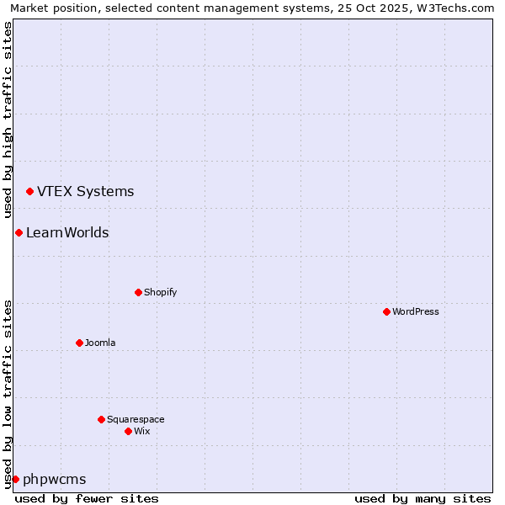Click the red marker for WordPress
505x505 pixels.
pyautogui.click(x=386, y=311)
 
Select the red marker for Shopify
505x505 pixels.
pyautogui.click(x=138, y=292)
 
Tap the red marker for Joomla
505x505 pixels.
pyautogui.click(x=79, y=343)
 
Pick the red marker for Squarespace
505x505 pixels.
pyautogui.click(x=101, y=419)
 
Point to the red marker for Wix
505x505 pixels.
pyautogui.click(x=128, y=431)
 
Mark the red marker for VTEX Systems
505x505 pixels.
pyautogui.click(x=29, y=192)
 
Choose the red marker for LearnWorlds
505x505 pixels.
pyautogui.click(x=19, y=232)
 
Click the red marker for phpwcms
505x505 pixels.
pyautogui.click(x=15, y=479)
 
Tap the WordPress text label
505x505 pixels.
pyautogui.click(x=416, y=311)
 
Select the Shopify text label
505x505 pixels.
pyautogui.click(x=160, y=292)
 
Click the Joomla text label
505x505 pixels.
pyautogui.click(x=100, y=343)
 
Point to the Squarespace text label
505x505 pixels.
pyautogui.click(x=136, y=419)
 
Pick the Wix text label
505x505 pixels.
pyautogui.click(x=141, y=431)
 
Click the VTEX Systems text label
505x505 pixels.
pyautogui.click(x=85, y=191)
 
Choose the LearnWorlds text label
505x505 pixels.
pyautogui.click(x=67, y=232)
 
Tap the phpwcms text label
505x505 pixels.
pyautogui.click(x=55, y=479)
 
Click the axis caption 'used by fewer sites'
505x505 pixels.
pyautogui.click(x=87, y=498)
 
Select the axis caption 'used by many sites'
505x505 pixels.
pyautogui.click(x=423, y=498)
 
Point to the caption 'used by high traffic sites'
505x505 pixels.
pyautogui.click(x=8, y=117)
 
